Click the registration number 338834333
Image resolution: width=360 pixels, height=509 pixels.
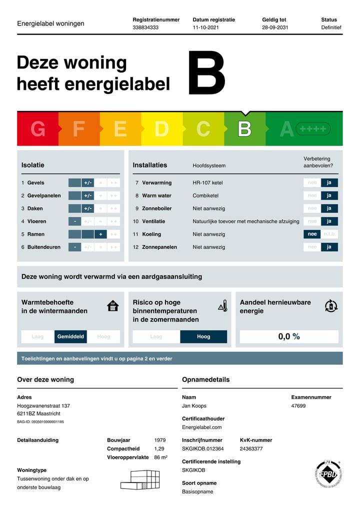(145, 27)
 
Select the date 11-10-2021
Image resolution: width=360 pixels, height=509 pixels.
(205, 27)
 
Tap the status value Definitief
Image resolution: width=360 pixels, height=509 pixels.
(331, 27)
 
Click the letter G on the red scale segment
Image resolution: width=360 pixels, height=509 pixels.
(37, 129)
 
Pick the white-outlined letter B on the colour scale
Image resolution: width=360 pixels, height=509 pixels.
(244, 129)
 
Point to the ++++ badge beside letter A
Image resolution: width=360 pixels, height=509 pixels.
(313, 129)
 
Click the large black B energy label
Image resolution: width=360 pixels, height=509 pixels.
(206, 73)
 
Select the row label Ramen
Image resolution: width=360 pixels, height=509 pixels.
(35, 234)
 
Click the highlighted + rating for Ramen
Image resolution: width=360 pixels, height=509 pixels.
(100, 234)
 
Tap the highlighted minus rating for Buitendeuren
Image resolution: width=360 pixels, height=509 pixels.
(74, 247)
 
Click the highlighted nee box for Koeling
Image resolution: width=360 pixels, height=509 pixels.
(312, 234)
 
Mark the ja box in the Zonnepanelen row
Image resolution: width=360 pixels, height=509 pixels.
(329, 247)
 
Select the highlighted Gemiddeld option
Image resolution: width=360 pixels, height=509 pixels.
(70, 336)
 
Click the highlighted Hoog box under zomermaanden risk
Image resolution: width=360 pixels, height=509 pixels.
(203, 336)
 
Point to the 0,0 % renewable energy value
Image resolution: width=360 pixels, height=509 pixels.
(289, 336)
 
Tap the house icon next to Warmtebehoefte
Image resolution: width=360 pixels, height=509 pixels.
(113, 306)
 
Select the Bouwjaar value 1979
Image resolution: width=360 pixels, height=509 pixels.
(159, 440)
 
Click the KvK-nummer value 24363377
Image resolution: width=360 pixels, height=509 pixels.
(251, 448)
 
